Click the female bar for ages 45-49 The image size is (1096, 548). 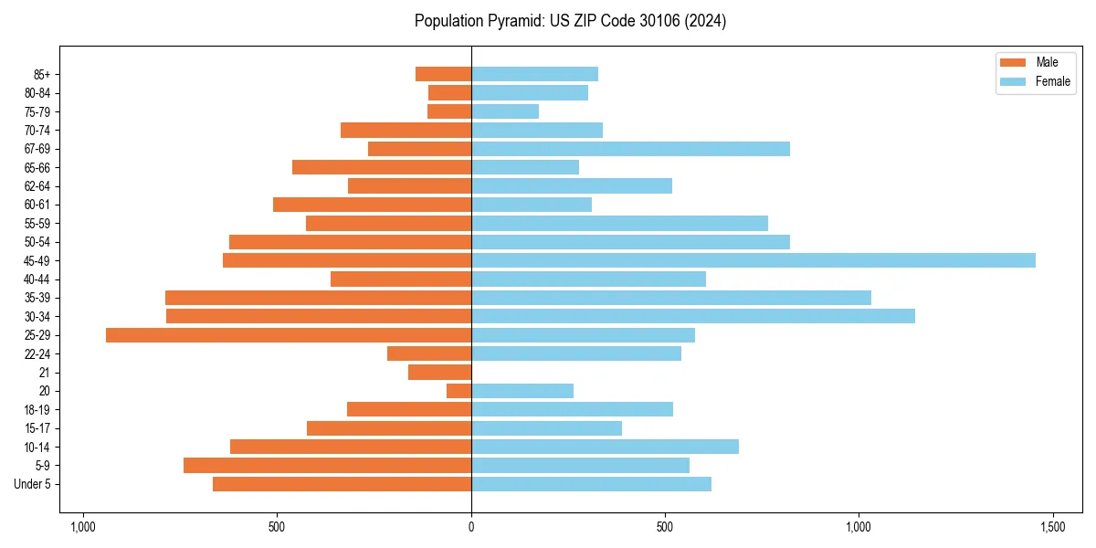[x=753, y=260]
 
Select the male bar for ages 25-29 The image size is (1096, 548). [x=289, y=335]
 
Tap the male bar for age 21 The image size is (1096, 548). [x=439, y=373]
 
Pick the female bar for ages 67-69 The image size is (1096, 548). [x=630, y=149]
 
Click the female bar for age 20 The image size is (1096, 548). [x=522, y=391]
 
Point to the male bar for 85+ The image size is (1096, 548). [x=443, y=74]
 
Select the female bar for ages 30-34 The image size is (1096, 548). [x=692, y=316]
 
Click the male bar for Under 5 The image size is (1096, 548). [x=342, y=484]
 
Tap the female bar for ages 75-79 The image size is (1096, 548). [x=505, y=111]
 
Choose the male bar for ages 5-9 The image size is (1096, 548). [x=327, y=466]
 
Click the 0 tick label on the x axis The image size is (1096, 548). [x=471, y=527]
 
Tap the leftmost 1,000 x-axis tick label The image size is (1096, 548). [x=83, y=527]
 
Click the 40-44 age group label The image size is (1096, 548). [x=37, y=279]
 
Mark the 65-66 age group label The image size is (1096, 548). [x=37, y=168]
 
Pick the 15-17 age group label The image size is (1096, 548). [x=37, y=428]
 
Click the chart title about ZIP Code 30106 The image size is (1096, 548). [x=570, y=21]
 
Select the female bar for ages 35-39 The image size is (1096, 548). [x=671, y=298]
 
